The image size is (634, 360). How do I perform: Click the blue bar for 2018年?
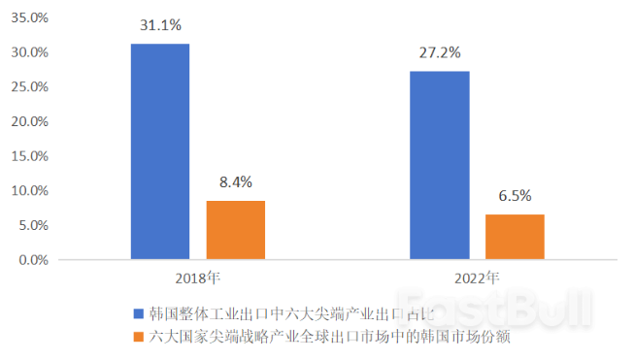pyautogui.click(x=160, y=151)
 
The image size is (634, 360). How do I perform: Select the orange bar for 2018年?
pyautogui.click(x=235, y=230)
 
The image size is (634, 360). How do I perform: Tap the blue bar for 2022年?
pyautogui.click(x=439, y=165)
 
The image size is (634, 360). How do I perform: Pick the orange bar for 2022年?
pyautogui.click(x=515, y=237)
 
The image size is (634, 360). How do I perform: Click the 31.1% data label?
pyautogui.click(x=160, y=26)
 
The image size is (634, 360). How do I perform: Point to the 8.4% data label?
pyautogui.click(x=235, y=181)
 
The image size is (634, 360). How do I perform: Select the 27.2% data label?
pyautogui.click(x=439, y=52)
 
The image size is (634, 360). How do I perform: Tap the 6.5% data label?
pyautogui.click(x=515, y=195)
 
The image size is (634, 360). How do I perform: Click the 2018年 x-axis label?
pyautogui.click(x=198, y=278)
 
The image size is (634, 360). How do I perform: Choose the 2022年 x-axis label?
pyautogui.click(x=477, y=278)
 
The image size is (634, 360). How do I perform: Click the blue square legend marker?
pyautogui.click(x=138, y=313)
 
